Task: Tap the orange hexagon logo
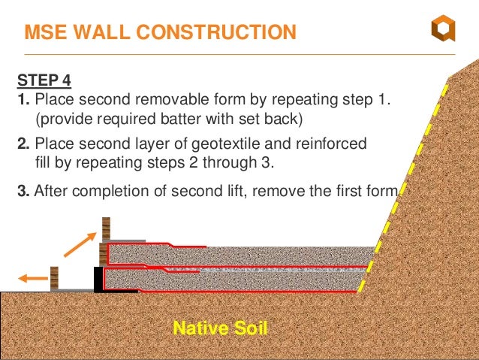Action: [x=442, y=30]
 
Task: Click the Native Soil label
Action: [x=220, y=328]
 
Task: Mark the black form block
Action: [x=98, y=278]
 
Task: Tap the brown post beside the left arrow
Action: [x=54, y=277]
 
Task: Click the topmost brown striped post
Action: [x=107, y=228]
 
